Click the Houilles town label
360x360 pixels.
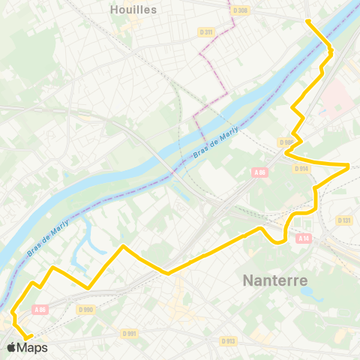pos(133,9)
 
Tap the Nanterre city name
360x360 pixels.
pos(275,281)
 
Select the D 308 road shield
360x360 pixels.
pos(240,10)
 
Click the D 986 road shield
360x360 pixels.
pos(286,142)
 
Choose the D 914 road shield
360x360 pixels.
pos(301,169)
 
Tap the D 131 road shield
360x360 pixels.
pos(344,220)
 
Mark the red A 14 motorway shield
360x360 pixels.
pos(303,238)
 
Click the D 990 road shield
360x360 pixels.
pos(85,308)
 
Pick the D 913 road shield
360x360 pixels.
pos(229,340)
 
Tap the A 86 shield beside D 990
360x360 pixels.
pos(40,308)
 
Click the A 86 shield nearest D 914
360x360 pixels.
pos(260,172)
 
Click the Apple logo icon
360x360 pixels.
pos(11,347)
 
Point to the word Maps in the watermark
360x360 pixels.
pos(33,347)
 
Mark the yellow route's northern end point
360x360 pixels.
pos(308,20)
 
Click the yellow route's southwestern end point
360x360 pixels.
pos(28,337)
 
